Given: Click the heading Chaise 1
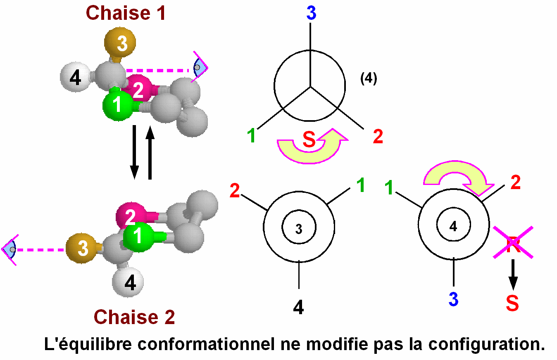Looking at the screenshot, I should [126, 13].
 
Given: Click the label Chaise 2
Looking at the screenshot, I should [134, 317].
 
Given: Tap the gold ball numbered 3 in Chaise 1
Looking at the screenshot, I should [120, 43].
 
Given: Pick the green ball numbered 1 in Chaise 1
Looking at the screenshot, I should [117, 105].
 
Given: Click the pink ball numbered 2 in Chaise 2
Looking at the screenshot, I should [131, 216].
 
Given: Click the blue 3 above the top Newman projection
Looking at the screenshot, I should [311, 14].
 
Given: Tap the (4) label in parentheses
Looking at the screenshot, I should [368, 79].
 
